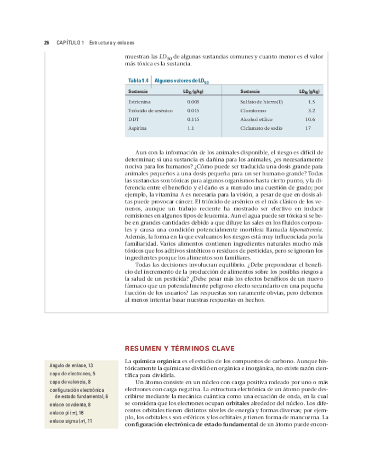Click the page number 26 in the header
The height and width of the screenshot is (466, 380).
coord(47,43)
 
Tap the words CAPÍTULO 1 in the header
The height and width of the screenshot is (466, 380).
coord(70,43)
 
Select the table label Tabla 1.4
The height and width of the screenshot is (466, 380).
coord(138,80)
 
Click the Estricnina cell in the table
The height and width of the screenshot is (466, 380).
coord(140,102)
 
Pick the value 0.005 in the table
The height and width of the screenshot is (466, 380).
coord(193,102)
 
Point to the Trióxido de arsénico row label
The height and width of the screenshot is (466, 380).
coord(150,110)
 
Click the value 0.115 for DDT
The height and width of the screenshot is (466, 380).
coord(193,119)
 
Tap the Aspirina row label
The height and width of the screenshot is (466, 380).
coord(138,128)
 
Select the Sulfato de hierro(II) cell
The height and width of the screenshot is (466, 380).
coord(262,102)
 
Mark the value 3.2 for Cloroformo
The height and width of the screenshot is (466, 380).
coord(311,110)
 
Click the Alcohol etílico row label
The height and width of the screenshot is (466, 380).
coord(256,119)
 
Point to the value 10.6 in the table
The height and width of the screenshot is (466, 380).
coord(310,119)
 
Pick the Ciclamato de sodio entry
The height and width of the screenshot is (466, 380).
coord(261,128)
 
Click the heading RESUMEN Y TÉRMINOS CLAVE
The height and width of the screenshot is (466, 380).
coord(179,348)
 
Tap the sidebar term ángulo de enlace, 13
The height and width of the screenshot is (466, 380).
coord(71,365)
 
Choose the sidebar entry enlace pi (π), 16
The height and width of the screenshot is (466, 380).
coord(66,413)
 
